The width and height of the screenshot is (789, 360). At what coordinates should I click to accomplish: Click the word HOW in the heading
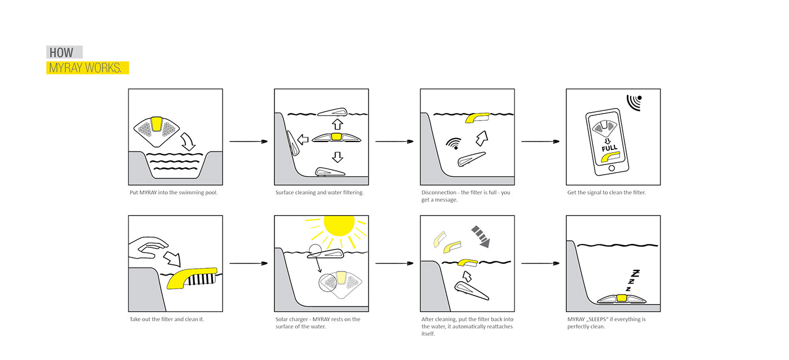tap(61, 53)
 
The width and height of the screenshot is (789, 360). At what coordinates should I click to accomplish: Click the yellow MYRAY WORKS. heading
tap(85, 68)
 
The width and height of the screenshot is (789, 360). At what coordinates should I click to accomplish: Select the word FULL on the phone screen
tap(609, 148)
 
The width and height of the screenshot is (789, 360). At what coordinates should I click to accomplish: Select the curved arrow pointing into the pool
tap(187, 141)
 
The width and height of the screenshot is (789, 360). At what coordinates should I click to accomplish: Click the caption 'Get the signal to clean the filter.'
tap(606, 193)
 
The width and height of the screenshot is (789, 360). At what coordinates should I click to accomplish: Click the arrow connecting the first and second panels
tap(248, 141)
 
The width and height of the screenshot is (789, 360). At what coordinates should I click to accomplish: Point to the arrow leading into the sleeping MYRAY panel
tap(540, 263)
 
